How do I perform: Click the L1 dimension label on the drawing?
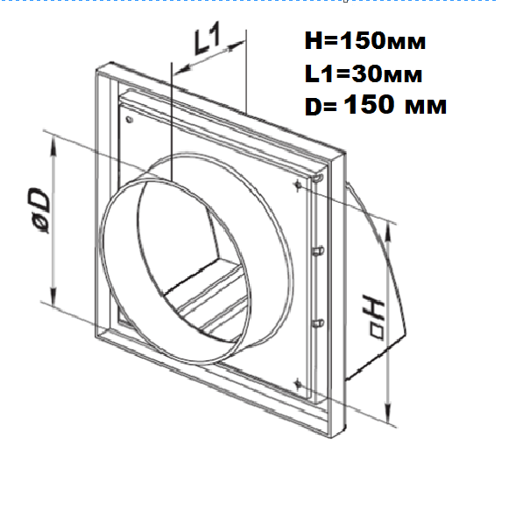tap(208, 38)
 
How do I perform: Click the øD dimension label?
tap(39, 211)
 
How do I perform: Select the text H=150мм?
tap(365, 41)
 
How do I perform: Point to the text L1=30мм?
tap(364, 73)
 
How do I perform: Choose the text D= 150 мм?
tap(376, 105)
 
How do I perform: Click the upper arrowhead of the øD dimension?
tap(53, 146)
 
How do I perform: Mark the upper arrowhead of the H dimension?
tap(388, 234)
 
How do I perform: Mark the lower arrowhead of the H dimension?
tap(388, 413)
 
